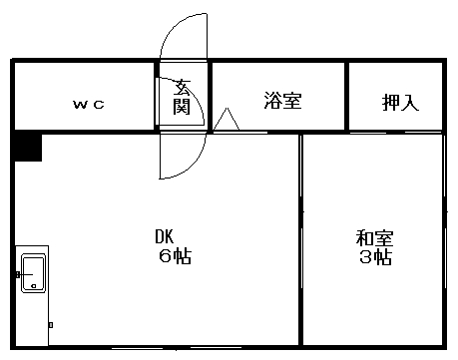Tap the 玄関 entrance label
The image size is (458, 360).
[x=182, y=97]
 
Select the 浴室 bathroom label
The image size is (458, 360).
[x=282, y=101]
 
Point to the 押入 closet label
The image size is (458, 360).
[x=400, y=103]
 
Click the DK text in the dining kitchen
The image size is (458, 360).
[x=164, y=237]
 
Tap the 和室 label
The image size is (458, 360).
[x=375, y=238]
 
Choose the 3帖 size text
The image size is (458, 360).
[x=375, y=257]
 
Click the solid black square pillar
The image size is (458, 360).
[x=28, y=147]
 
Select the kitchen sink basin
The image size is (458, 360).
[x=32, y=270]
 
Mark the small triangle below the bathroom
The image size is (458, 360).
[x=227, y=119]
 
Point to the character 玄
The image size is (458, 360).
[x=182, y=87]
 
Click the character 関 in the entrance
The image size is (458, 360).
[x=182, y=107]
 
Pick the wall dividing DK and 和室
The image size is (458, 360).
[x=300, y=239]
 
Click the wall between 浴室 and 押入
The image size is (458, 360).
[x=346, y=97]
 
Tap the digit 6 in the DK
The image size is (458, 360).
[x=164, y=256]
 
